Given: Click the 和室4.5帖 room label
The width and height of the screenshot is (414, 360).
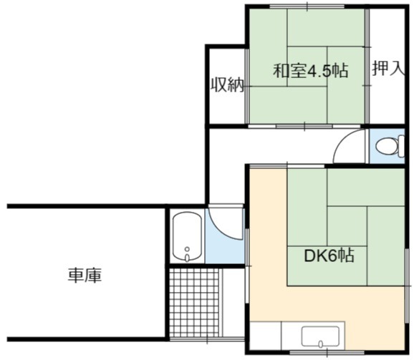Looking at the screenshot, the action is pyautogui.click(x=311, y=70).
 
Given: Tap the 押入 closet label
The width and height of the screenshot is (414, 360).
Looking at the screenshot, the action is pyautogui.click(x=388, y=68).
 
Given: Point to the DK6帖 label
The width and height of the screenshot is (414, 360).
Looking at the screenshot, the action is pyautogui.click(x=329, y=256).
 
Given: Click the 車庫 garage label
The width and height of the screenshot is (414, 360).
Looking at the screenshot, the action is pyautogui.click(x=85, y=276).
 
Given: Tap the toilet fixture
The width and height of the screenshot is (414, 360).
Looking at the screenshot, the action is pyautogui.click(x=390, y=146).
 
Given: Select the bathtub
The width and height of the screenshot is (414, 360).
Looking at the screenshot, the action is pyautogui.click(x=187, y=237).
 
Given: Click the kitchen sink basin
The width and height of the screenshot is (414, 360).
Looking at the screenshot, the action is pyautogui.click(x=320, y=336).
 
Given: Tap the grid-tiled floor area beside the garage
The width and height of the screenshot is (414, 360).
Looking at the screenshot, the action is pyautogui.click(x=194, y=303).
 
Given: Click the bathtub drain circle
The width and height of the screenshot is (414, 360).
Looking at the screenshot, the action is pyautogui.click(x=187, y=249).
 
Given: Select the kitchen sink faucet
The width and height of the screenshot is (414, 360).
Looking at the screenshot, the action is pyautogui.click(x=321, y=344).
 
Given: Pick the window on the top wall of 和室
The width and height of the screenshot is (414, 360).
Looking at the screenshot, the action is pyautogui.click(x=307, y=6).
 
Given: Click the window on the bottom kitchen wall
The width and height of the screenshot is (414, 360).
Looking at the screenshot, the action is pyautogui.click(x=327, y=352).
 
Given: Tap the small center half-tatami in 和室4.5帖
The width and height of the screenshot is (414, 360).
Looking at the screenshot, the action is pyautogui.click(x=307, y=67).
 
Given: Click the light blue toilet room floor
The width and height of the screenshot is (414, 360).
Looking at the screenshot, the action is pyautogui.click(x=387, y=146).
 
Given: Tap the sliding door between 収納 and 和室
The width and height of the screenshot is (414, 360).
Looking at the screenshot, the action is pyautogui.click(x=247, y=86).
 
